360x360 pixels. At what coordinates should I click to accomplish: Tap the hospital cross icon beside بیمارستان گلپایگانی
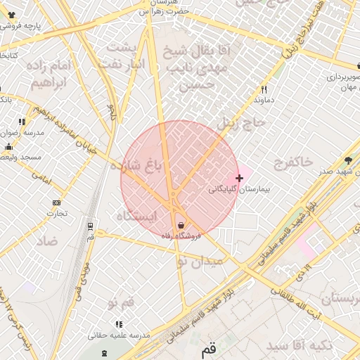(240, 179)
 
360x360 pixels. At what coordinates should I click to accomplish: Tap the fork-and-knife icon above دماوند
(264, 89)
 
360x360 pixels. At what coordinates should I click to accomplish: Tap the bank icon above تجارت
(56, 203)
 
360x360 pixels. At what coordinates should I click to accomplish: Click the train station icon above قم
(90, 226)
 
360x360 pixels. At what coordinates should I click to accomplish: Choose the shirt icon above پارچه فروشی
(11, 15)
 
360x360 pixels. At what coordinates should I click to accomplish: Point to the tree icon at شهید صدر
(348, 160)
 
